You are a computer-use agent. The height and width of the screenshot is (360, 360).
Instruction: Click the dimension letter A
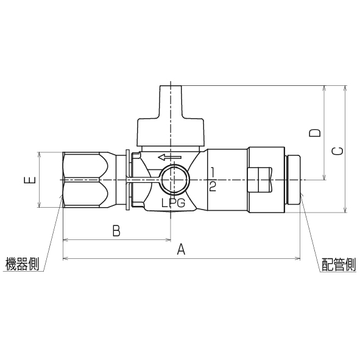point(180,249)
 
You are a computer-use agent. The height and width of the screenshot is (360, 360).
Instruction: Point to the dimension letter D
point(315,133)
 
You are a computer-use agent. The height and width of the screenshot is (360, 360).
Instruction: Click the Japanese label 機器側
point(21,265)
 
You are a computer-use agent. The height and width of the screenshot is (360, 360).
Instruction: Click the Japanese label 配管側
point(339,265)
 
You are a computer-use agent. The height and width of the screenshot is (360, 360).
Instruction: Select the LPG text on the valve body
point(173,203)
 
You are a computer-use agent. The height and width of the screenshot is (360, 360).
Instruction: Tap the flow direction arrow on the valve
point(169,158)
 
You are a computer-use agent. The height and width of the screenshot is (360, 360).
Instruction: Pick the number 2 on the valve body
point(212,186)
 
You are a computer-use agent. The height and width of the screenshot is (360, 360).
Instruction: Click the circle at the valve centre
point(173,181)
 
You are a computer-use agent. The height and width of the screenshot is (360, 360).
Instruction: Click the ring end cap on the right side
point(295,180)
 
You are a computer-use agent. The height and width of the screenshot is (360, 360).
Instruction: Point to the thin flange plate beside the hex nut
point(126,180)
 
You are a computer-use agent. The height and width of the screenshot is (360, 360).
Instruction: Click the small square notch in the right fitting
point(261,181)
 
